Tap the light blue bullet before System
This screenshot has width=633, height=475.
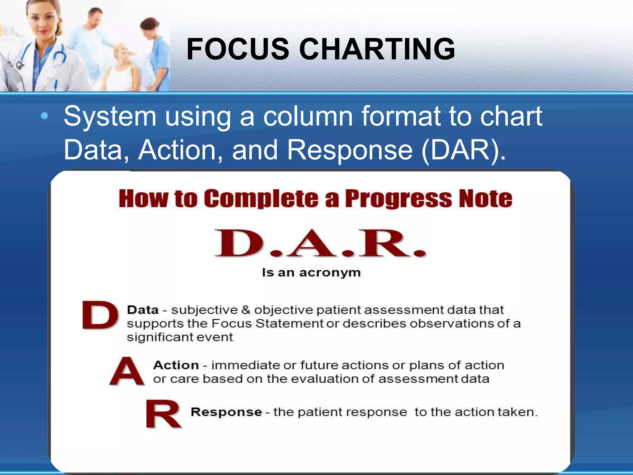tap(45, 116)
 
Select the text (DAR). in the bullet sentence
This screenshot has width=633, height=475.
tap(464, 150)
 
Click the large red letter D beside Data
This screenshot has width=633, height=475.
tap(100, 315)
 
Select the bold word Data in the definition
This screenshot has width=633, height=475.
tap(143, 310)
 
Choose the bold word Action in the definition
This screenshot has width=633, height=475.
tap(176, 365)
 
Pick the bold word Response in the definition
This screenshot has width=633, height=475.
tap(226, 412)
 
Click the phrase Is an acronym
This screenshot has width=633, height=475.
tap(311, 272)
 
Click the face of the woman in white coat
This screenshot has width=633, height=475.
tap(43, 22)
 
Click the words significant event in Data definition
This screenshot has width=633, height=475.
tap(180, 337)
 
